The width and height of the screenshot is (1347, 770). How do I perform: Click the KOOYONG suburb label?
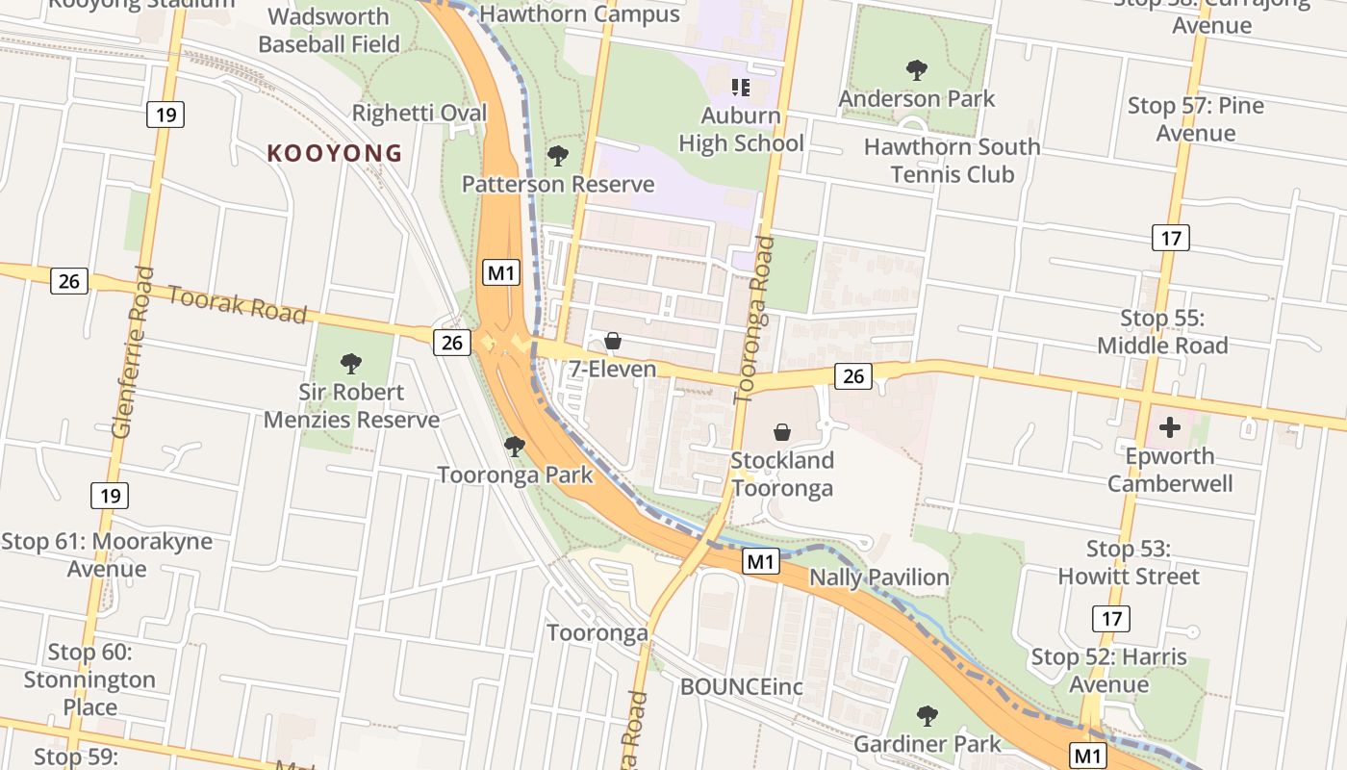click(334, 153)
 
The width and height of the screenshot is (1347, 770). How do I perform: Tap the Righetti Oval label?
click(419, 113)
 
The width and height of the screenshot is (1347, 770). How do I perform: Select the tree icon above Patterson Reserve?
click(557, 156)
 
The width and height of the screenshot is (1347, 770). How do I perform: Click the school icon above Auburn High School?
click(740, 88)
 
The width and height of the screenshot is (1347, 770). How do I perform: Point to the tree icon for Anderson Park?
click(917, 69)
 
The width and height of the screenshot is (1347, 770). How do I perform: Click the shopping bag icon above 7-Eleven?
click(612, 341)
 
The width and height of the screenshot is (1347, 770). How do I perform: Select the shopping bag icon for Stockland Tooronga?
click(782, 432)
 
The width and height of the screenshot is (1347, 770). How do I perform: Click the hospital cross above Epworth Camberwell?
click(1170, 427)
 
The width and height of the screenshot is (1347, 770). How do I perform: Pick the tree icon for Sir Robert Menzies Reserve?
click(351, 364)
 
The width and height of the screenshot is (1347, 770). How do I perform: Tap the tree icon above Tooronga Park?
click(515, 447)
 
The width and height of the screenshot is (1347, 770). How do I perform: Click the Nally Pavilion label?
click(879, 577)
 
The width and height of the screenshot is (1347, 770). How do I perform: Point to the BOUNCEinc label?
click(741, 687)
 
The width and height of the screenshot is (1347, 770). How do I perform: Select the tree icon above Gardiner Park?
click(928, 716)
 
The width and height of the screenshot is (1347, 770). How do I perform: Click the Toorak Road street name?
click(237, 304)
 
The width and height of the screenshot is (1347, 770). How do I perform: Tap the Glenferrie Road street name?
click(134, 352)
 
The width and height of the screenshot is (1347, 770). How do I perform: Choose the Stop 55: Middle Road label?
click(1162, 332)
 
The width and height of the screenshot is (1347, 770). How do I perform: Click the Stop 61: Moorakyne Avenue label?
click(107, 554)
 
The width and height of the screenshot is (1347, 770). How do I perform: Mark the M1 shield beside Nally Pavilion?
click(760, 561)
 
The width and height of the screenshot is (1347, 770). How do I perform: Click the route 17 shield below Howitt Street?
click(1111, 618)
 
